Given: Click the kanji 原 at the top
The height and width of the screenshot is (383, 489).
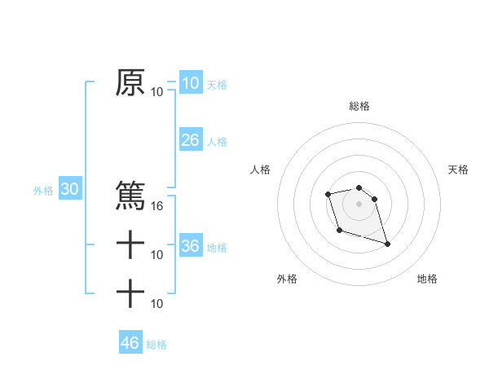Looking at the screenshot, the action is [130, 82].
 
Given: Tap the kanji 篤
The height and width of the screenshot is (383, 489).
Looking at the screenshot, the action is [130, 195].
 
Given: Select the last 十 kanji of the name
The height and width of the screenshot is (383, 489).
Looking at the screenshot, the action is [130, 293].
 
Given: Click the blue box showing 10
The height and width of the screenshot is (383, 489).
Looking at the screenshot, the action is [190, 82].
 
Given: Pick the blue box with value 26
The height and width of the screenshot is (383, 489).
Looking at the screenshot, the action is [190, 140].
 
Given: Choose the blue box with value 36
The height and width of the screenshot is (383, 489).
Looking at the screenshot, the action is [190, 246].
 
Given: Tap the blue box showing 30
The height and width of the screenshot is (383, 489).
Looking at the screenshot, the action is [70, 190].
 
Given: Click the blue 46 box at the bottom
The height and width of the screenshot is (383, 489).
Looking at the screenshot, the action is [130, 342].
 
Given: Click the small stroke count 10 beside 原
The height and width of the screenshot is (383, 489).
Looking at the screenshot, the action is [157, 92].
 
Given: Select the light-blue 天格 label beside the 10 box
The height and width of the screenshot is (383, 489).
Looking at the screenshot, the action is [217, 84].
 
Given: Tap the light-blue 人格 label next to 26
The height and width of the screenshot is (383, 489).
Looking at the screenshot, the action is [217, 142].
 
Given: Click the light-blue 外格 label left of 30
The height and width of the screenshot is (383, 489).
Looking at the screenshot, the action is [43, 191].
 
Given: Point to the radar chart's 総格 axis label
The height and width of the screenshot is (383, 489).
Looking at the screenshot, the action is [359, 106].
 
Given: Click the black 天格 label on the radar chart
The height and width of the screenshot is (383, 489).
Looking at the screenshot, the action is [459, 169].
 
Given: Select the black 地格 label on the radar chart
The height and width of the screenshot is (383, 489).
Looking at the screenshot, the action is [427, 280].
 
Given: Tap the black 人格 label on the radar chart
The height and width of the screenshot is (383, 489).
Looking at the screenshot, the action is [261, 169].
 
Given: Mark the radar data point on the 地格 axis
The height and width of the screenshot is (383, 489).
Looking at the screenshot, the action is [387, 244].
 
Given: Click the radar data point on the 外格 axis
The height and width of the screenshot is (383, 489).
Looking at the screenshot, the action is [340, 231].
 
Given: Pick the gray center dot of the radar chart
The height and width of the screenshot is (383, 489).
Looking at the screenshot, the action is [359, 203].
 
